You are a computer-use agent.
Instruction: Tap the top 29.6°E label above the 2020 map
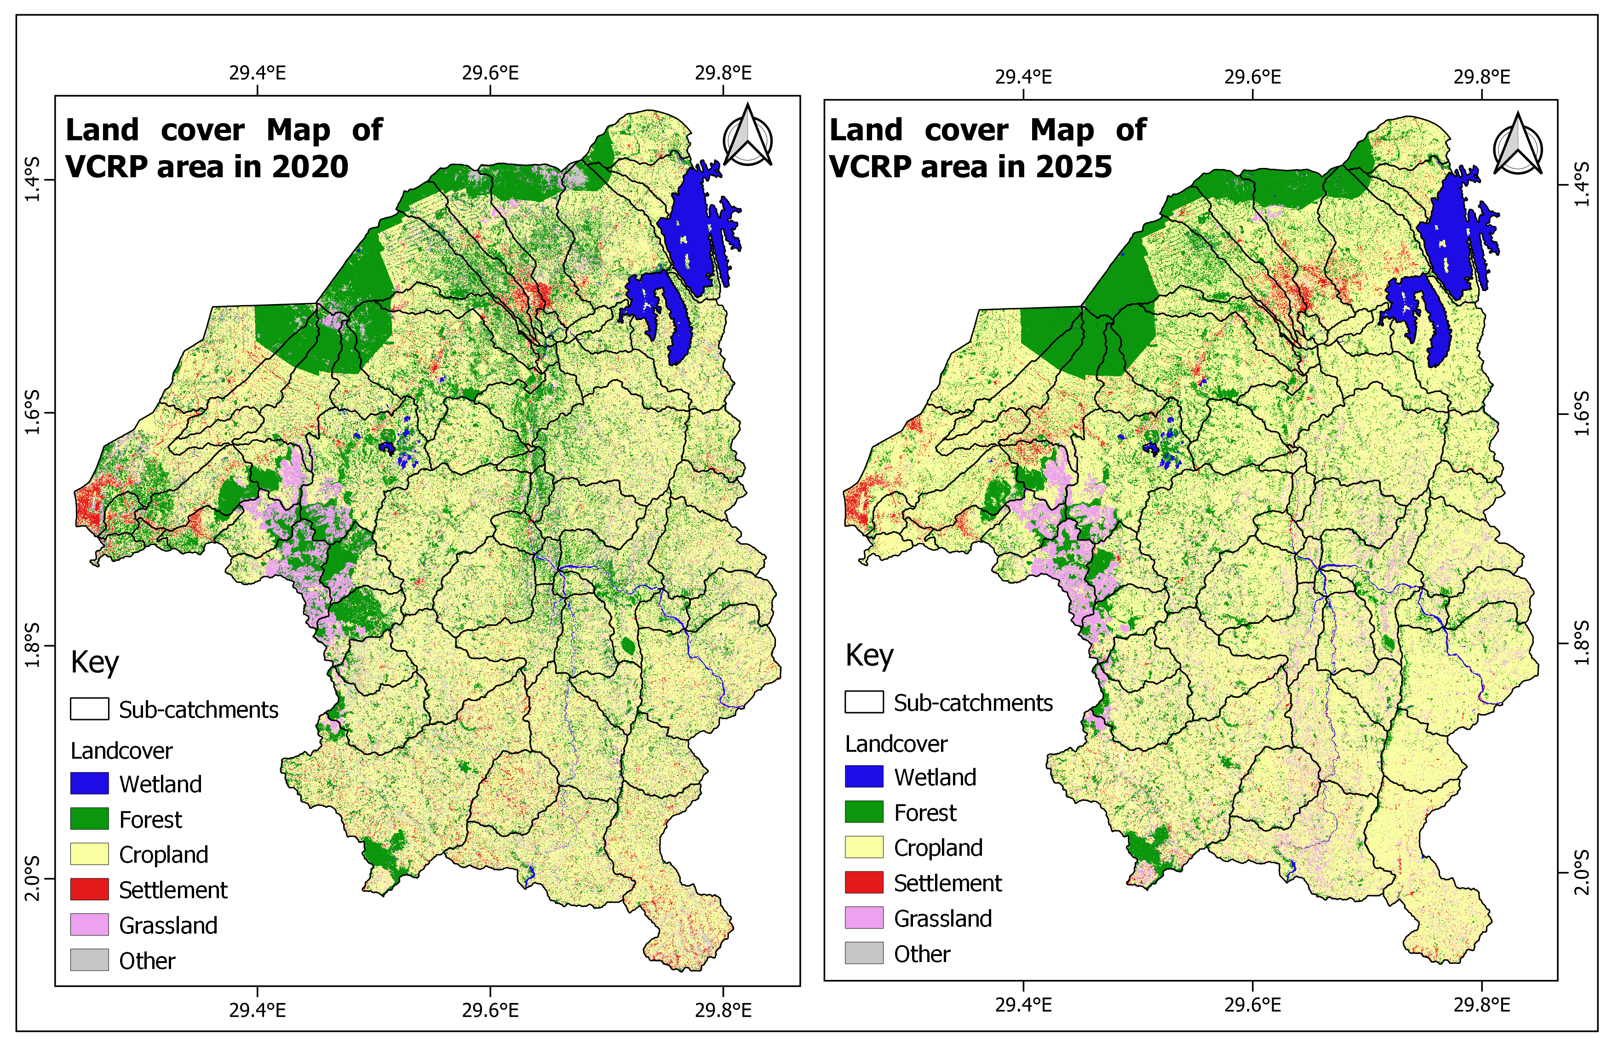pos(490,73)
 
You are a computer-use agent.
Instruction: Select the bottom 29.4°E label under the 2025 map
pos(1023,1004)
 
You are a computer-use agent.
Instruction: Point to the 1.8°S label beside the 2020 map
pos(32,646)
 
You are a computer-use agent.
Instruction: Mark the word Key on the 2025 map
pos(870,656)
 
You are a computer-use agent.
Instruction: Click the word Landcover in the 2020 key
pos(121,751)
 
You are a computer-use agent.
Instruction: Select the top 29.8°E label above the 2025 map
pos(1481,77)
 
